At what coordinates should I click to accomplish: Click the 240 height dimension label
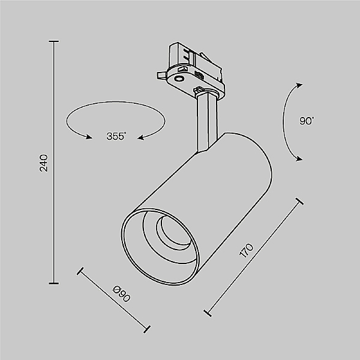tap(43, 163)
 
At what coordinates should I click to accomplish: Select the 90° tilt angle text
tap(307, 121)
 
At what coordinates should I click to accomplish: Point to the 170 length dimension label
tap(247, 250)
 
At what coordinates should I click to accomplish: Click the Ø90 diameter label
tap(122, 295)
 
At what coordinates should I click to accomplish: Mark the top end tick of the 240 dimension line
tap(55, 41)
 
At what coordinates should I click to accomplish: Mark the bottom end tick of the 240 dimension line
tap(55, 283)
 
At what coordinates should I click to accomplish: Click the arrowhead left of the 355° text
tap(89, 137)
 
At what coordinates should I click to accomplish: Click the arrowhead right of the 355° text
tap(141, 138)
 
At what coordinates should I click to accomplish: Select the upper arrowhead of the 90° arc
tap(298, 85)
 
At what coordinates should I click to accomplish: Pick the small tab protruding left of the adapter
tap(160, 74)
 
